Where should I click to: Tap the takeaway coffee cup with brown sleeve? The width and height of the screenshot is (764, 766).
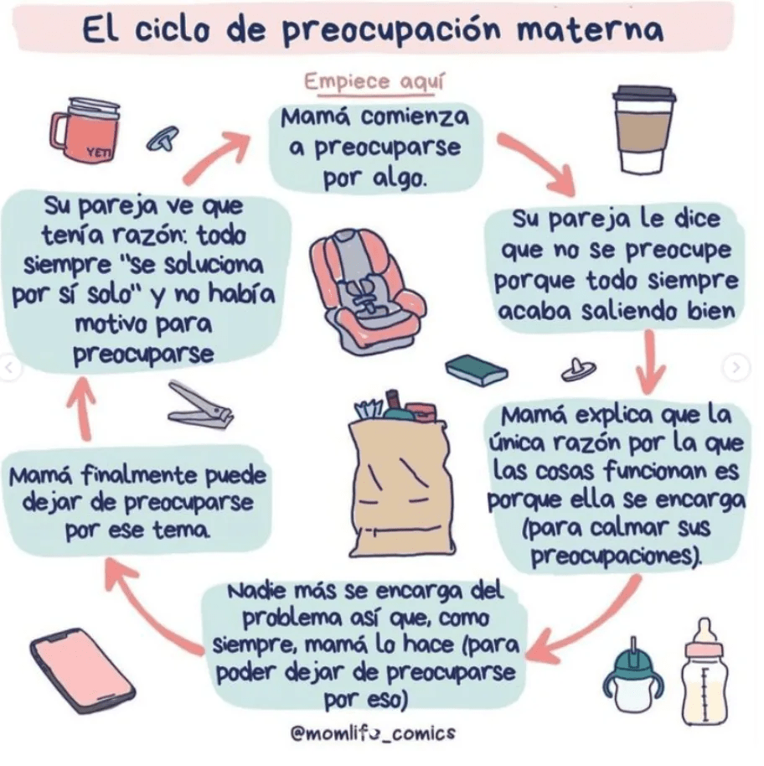tap(644, 129)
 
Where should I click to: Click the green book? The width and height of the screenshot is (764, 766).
tap(477, 370)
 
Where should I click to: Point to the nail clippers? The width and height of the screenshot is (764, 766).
tap(200, 406)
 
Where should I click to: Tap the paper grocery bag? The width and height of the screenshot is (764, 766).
tap(400, 476)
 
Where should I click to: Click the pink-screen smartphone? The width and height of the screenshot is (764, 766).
tap(82, 670)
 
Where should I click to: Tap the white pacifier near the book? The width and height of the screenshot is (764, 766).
tap(579, 370)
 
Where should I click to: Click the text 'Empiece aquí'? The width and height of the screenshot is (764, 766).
tap(374, 81)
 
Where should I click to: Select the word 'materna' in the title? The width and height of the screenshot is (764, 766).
tap(591, 29)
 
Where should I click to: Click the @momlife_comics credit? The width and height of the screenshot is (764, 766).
tap(373, 732)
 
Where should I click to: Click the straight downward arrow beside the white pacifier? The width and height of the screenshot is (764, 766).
tap(650, 361)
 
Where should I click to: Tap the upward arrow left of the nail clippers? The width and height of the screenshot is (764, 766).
tap(83, 408)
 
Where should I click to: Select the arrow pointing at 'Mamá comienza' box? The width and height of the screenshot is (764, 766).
tap(214, 158)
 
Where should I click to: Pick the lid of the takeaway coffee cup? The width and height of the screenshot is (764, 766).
tap(644, 96)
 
